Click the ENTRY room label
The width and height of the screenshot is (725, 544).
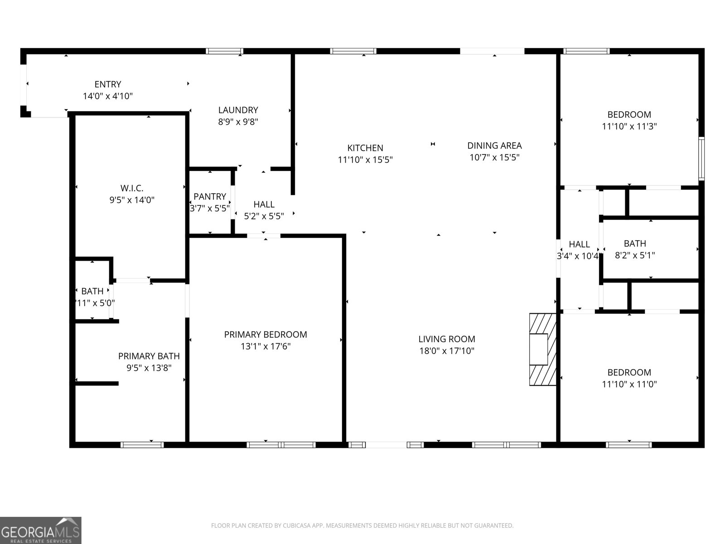coord(108,84)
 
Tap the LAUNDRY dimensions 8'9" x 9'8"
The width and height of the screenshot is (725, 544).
coord(238,122)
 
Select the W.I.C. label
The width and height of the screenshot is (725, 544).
coord(132,188)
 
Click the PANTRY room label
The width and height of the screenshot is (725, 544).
coord(209,197)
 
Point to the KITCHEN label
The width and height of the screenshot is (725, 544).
coord(365,148)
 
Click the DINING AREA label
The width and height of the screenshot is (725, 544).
coord(494,146)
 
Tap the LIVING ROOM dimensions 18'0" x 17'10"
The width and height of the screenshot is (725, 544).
coord(447,351)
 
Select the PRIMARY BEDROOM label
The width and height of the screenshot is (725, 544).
coord(266,335)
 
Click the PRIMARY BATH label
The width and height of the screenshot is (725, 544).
coord(149,356)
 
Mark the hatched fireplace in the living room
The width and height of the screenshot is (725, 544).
coord(542,349)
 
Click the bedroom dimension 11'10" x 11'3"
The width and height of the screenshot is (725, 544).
coord(629,126)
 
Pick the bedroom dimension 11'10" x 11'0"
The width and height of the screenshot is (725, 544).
coord(629,384)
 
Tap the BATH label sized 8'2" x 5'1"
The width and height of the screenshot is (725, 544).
coord(635,243)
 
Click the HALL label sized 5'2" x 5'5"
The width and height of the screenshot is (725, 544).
coord(264,204)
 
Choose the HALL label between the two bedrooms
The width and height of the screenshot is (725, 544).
coord(579,244)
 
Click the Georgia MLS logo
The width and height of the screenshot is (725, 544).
coord(40,530)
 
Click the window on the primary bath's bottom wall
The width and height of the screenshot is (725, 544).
coord(142,445)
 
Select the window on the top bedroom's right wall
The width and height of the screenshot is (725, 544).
coord(701,159)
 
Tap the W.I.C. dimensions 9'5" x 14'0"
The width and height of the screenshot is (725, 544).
coord(132,200)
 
